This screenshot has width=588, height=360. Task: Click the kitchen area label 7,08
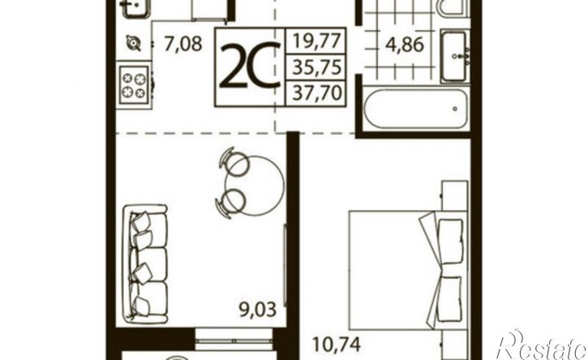[183, 44]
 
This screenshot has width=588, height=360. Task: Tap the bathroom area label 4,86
[405, 45]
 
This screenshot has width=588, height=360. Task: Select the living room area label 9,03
[258, 310]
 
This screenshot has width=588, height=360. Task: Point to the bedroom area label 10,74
[337, 345]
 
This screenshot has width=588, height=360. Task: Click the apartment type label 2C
[250, 65]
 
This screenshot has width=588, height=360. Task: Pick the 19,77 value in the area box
[317, 41]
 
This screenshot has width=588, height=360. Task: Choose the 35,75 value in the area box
[317, 67]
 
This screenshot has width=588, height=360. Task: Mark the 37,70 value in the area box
[317, 92]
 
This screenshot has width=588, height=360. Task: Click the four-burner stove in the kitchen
[134, 85]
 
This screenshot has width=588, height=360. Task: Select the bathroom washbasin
[454, 56]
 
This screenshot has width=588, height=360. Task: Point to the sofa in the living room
[145, 264]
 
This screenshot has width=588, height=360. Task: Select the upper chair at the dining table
[234, 162]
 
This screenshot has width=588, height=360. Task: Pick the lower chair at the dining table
[230, 203]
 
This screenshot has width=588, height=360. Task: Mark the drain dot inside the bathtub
[455, 109]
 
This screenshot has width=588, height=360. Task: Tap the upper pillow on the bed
[450, 237]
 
